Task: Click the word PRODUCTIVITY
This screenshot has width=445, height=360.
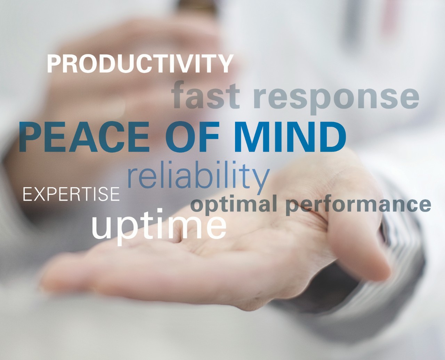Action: [140, 63]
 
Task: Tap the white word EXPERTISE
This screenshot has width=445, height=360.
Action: [71, 194]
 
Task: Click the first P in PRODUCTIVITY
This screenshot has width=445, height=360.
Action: [55, 64]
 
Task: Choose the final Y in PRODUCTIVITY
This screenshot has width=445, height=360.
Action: [225, 64]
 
